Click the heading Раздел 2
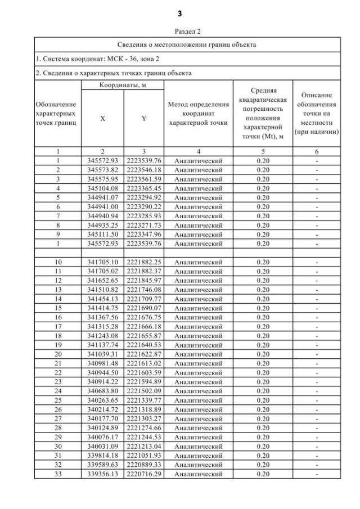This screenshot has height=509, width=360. point(179,31)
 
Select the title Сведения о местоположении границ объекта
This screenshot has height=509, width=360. point(179,44)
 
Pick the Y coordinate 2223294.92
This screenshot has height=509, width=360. point(143,197)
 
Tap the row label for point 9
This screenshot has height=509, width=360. point(58,234)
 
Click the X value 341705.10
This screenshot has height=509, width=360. point(102,262)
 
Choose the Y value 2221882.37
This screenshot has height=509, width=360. point(143,271)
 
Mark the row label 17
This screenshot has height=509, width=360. point(58,326)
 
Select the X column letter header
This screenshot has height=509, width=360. point(102,119)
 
